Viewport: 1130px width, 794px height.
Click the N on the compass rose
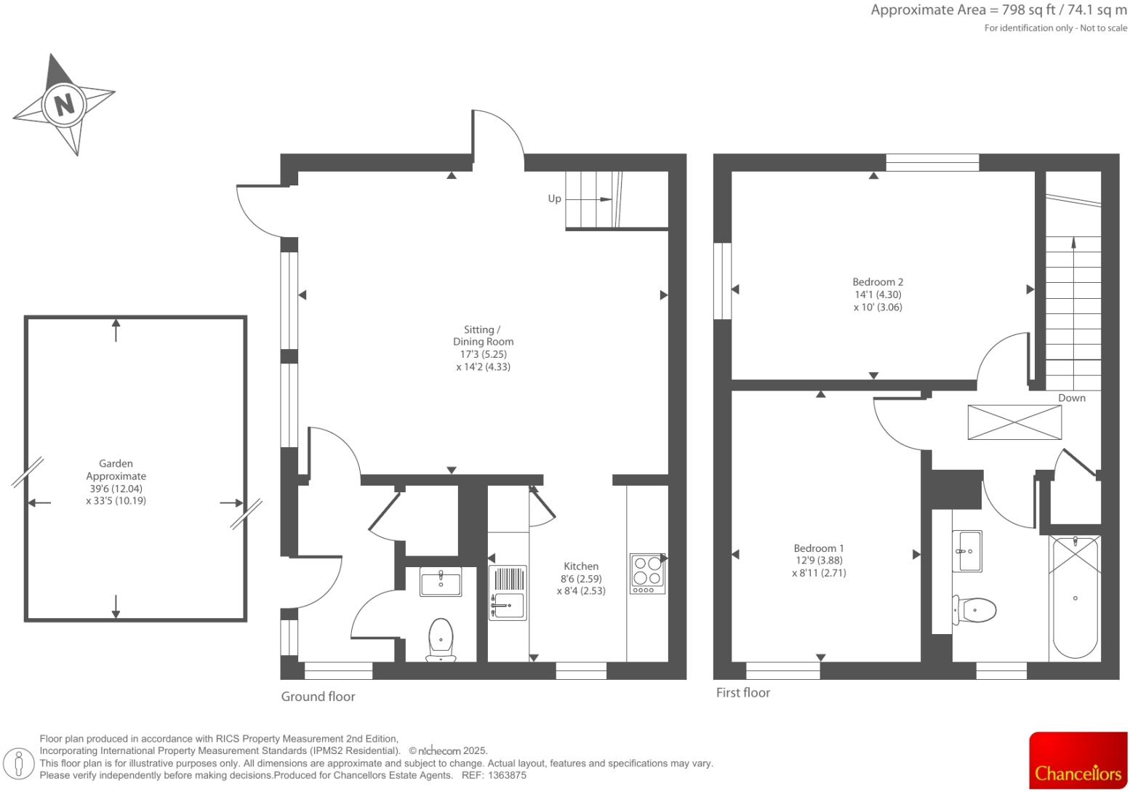pos(64,104)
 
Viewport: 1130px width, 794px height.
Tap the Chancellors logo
pos(1078,761)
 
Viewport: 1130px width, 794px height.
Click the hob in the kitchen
pos(647,573)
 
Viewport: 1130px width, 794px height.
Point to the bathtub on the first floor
pos(1075,596)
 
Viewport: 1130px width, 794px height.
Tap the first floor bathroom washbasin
pos(967,551)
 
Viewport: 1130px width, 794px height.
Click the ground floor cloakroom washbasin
pos(441,582)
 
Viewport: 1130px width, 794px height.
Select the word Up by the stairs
pos(554,198)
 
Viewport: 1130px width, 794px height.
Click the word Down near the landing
pos(1071,398)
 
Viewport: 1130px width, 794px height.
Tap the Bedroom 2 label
pos(878,282)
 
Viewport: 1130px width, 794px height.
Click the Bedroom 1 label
pos(819,548)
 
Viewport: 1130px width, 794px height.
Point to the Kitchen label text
pos(581,566)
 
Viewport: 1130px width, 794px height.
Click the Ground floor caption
pos(318,697)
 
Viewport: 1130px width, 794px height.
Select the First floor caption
pos(742,693)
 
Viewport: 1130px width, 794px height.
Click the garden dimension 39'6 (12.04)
pos(116,489)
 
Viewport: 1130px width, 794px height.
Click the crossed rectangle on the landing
pos(1014,422)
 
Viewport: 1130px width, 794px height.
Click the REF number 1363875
pos(507,775)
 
